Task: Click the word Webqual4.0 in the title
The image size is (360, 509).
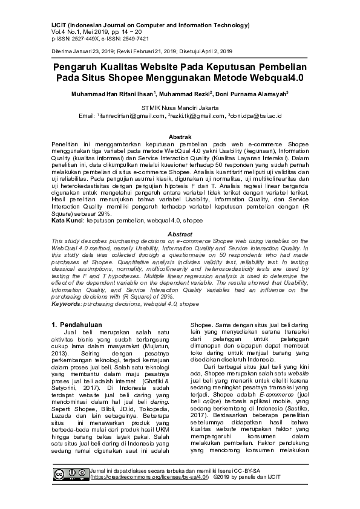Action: coord(273,78)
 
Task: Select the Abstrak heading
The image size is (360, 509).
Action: coord(180,138)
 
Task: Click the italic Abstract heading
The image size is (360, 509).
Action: coord(180,234)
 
